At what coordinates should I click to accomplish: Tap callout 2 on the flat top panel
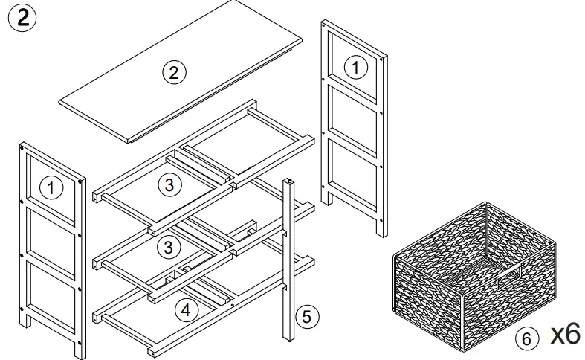click(173, 72)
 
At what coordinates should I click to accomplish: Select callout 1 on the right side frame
click(355, 68)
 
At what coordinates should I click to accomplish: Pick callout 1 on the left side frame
click(51, 188)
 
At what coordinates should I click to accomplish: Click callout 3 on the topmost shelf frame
click(170, 185)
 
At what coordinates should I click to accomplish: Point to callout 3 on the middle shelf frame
click(170, 245)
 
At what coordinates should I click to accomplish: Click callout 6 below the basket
click(526, 338)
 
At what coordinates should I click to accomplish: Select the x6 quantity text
click(564, 334)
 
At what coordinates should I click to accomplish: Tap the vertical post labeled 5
click(288, 260)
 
